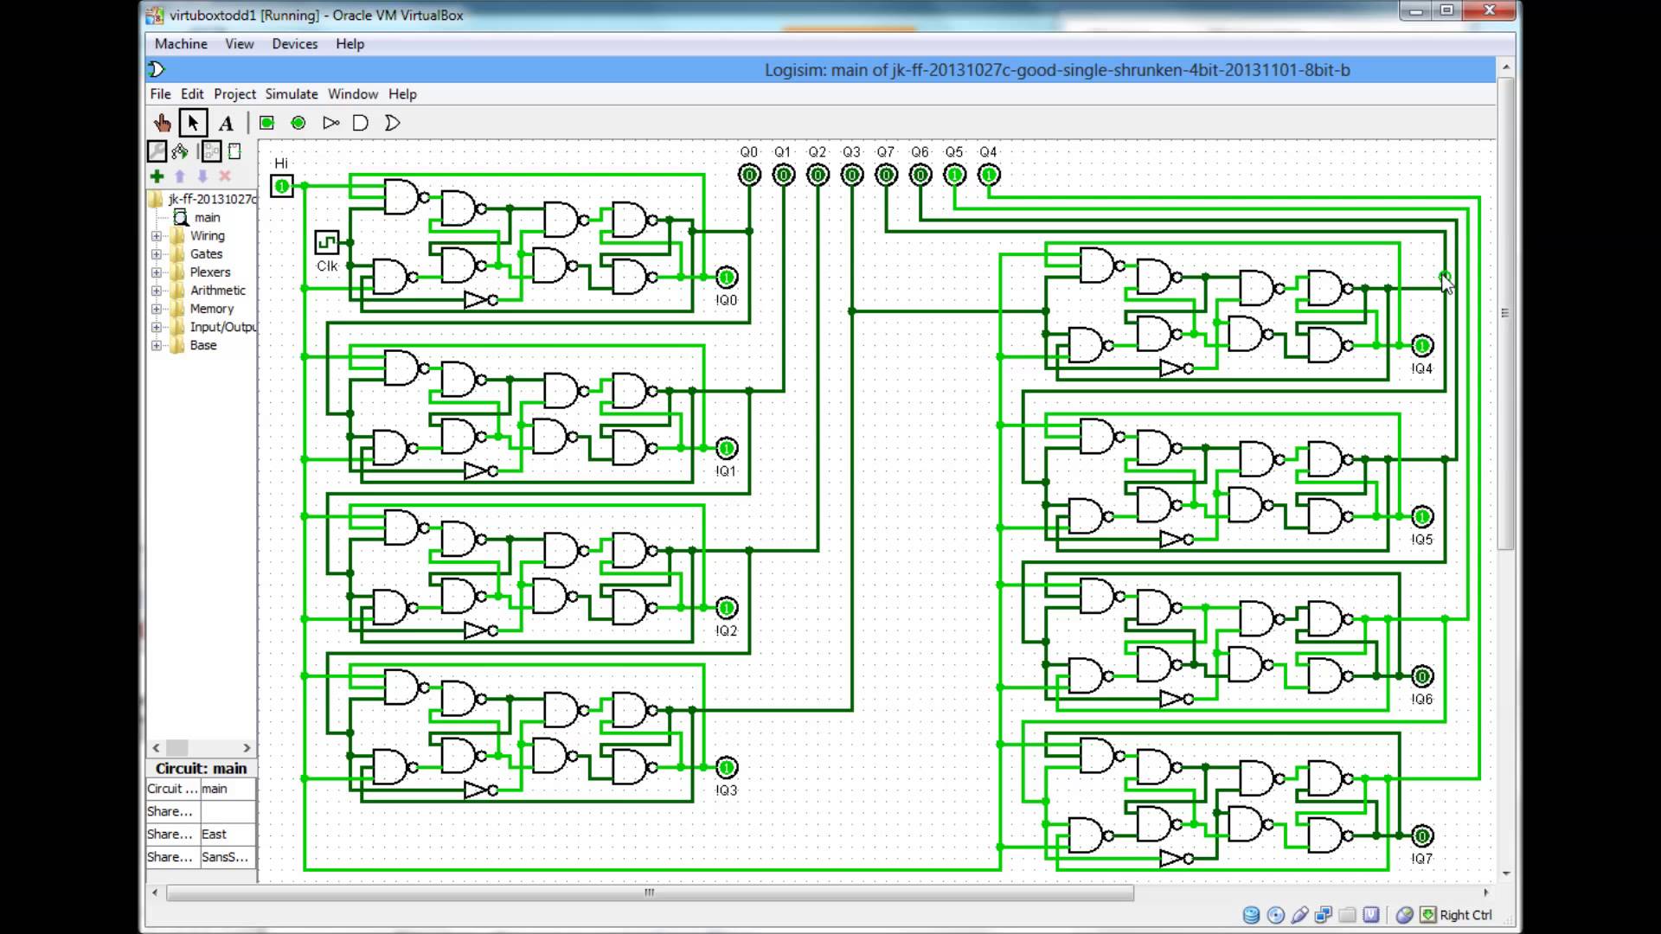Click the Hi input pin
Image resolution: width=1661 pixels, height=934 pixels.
pyautogui.click(x=282, y=186)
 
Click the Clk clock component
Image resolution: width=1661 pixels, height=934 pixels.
pyautogui.click(x=327, y=241)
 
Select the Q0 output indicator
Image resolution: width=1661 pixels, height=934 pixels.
pyautogui.click(x=749, y=176)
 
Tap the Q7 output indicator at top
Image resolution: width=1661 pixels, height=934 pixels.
pyautogui.click(x=886, y=176)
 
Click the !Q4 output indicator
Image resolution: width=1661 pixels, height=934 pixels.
pyautogui.click(x=1421, y=346)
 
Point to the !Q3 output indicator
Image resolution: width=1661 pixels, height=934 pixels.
pyautogui.click(x=727, y=767)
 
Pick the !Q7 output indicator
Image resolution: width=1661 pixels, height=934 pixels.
pyautogui.click(x=1421, y=835)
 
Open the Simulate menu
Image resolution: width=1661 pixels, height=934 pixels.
pyautogui.click(x=291, y=93)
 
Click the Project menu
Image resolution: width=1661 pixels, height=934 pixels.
pyautogui.click(x=234, y=93)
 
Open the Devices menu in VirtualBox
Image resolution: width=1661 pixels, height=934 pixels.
pyautogui.click(x=294, y=43)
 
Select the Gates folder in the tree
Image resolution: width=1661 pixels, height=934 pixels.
pyautogui.click(x=206, y=253)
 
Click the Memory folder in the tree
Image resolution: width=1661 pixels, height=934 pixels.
pyautogui.click(x=211, y=309)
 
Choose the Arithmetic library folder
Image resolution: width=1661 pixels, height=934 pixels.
pyautogui.click(x=217, y=291)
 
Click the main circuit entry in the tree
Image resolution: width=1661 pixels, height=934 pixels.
pyautogui.click(x=207, y=218)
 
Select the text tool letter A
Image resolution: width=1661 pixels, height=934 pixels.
pyautogui.click(x=226, y=123)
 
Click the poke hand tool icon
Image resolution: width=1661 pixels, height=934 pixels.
pyautogui.click(x=162, y=123)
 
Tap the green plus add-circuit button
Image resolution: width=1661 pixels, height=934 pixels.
pyautogui.click(x=157, y=176)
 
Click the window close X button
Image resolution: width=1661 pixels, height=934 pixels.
pyautogui.click(x=1490, y=11)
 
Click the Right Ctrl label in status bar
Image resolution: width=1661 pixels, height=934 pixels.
pyautogui.click(x=1465, y=915)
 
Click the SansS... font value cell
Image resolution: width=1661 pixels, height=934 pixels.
pyautogui.click(x=225, y=857)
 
